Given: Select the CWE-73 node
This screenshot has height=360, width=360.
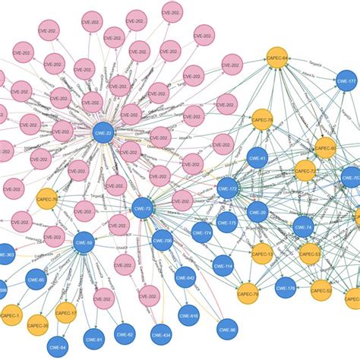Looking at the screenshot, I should [x=143, y=207].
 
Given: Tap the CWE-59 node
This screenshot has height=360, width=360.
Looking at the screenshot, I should [x=84, y=243].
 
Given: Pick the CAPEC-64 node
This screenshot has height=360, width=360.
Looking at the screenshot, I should [x=277, y=57].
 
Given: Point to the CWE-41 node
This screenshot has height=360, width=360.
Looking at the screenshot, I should [x=258, y=158].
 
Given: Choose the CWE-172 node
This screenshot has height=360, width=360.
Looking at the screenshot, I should [x=228, y=187].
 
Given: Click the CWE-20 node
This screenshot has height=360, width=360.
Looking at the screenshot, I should [x=258, y=213].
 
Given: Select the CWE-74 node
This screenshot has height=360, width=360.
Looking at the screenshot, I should [x=303, y=226].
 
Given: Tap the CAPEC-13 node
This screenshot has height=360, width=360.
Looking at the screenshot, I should [x=262, y=254].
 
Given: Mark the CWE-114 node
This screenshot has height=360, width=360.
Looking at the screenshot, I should [x=223, y=265].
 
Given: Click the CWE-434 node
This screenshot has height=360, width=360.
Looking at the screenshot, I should [x=161, y=333].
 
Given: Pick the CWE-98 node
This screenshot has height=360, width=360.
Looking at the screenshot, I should [x=228, y=328].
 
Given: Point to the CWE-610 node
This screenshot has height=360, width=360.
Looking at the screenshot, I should [x=189, y=315].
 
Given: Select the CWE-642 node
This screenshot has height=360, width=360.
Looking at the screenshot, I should [x=185, y=277].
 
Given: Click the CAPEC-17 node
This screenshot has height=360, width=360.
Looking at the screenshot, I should [x=67, y=311].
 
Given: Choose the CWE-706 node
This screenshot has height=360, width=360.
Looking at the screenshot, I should [x=163, y=241].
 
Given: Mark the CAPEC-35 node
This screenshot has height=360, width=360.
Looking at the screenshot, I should [x=37, y=326].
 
